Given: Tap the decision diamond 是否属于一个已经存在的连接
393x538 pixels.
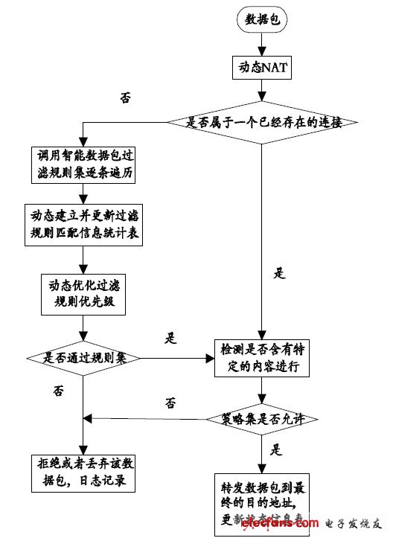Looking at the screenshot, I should [x=261, y=121].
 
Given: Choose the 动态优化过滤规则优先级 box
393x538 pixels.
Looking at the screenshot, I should [x=83, y=293].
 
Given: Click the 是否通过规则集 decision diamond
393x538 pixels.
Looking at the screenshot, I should [x=82, y=357].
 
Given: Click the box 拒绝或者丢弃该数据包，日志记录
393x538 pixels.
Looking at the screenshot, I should [x=83, y=473].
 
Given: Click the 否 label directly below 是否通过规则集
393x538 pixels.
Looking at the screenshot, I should [x=59, y=389].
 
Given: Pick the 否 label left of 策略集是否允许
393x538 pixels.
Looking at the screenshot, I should [x=170, y=403].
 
